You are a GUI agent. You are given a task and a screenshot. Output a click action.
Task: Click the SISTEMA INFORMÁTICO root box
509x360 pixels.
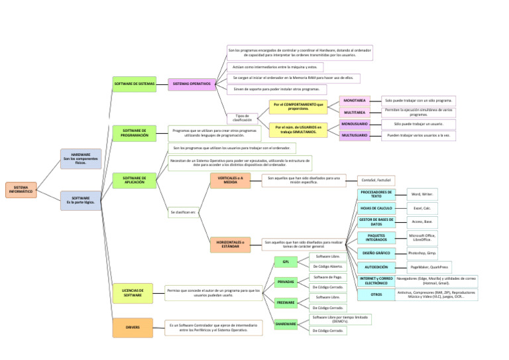(x=21, y=190)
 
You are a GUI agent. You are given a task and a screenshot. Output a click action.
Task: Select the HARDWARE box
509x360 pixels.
(x=81, y=158)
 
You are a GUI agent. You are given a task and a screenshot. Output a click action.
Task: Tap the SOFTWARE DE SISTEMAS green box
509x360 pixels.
(x=135, y=84)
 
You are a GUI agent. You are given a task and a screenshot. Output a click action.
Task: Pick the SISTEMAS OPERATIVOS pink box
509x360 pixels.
(x=192, y=84)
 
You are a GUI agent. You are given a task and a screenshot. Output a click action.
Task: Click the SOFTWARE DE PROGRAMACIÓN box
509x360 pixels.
(x=135, y=133)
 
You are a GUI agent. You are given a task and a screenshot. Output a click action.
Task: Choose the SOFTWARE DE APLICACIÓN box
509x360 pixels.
(x=135, y=180)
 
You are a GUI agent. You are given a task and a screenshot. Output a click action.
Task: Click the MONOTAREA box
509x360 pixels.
(x=355, y=100)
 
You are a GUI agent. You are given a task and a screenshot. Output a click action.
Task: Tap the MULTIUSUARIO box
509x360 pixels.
(x=355, y=135)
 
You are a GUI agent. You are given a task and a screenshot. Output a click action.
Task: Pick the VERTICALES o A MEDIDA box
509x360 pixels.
(x=230, y=180)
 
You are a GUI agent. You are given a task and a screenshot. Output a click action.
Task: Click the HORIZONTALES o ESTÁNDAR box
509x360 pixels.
(x=230, y=245)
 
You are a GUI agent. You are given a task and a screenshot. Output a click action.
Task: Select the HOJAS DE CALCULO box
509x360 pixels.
(x=376, y=208)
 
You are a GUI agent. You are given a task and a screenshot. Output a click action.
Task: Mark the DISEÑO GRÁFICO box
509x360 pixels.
(x=376, y=253)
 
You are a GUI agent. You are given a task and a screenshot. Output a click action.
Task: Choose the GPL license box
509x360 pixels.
(x=286, y=262)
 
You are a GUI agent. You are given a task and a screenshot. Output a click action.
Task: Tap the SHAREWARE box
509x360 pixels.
(x=286, y=324)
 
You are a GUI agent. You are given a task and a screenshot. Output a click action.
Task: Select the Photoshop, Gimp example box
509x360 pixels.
(x=422, y=253)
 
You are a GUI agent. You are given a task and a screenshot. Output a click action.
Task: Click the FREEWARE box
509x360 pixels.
(x=286, y=303)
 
